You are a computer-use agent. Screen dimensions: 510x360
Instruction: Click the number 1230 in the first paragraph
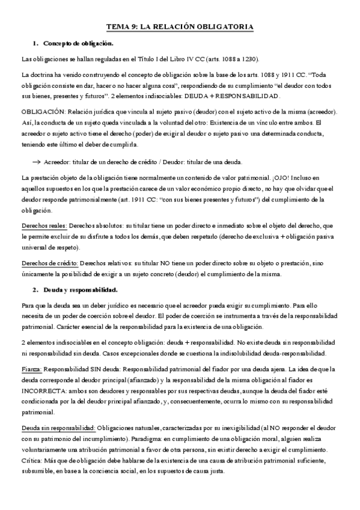pos(249,60)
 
